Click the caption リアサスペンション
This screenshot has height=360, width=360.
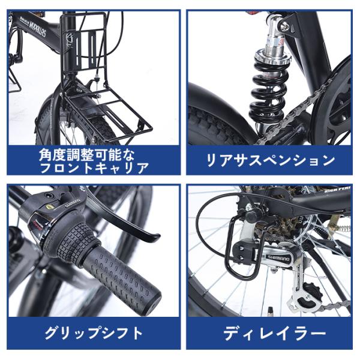coord(270,160)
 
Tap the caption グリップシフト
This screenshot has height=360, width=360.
coord(94,332)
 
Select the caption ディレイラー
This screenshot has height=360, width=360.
coord(274,332)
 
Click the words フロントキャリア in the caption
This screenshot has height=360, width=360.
coord(94,167)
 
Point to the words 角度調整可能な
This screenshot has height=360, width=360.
coord(86,155)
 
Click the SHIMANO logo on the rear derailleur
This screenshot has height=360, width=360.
coord(278,259)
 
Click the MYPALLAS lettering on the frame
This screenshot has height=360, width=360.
coord(37,29)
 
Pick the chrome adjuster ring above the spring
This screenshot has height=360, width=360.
coord(271,59)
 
